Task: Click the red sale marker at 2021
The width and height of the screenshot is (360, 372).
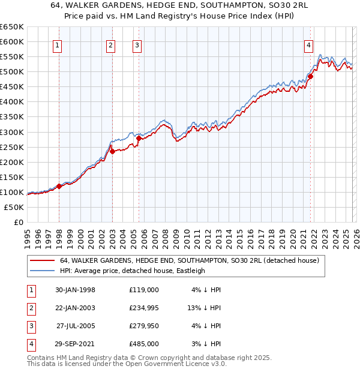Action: coord(311,76)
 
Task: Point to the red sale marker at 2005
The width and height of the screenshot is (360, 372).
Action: coord(139,138)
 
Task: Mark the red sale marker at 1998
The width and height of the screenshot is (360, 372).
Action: coord(59,186)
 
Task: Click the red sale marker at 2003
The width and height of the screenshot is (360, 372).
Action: coord(112,151)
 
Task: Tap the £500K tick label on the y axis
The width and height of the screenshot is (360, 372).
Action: coord(11,72)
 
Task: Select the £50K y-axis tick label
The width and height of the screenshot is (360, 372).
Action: coord(14,207)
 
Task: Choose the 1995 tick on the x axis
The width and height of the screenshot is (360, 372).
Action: coord(28,238)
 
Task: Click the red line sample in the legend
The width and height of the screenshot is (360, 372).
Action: coord(43,261)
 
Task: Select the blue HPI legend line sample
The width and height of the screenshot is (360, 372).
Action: coord(43,271)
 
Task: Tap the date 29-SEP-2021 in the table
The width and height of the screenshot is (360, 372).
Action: coord(71,344)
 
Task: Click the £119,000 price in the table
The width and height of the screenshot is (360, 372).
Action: coord(143,290)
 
